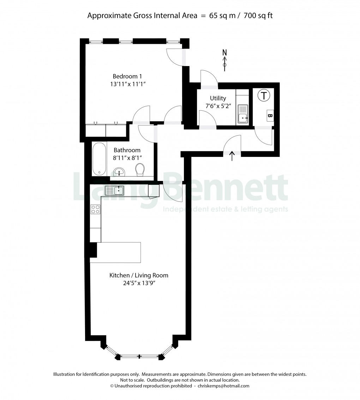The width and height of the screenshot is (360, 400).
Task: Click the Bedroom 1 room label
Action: click(x=127, y=76)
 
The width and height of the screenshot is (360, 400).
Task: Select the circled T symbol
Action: click(x=264, y=95)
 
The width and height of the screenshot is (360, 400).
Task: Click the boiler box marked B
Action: click(x=270, y=115)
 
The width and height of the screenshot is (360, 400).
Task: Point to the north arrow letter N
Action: click(x=224, y=53)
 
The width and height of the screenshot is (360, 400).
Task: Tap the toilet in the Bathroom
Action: click(x=140, y=170)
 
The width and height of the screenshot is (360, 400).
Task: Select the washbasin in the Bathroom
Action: click(x=120, y=172)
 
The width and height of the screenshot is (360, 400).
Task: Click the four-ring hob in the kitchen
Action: click(x=95, y=209)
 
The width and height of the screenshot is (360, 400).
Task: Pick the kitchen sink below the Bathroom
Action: click(x=115, y=191)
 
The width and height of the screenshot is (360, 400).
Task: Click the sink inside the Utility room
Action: click(x=242, y=115)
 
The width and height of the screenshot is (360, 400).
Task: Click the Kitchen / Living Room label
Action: click(x=139, y=275)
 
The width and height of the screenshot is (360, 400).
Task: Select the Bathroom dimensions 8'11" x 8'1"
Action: click(x=127, y=158)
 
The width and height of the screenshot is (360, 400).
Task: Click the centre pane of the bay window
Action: click(x=139, y=357)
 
